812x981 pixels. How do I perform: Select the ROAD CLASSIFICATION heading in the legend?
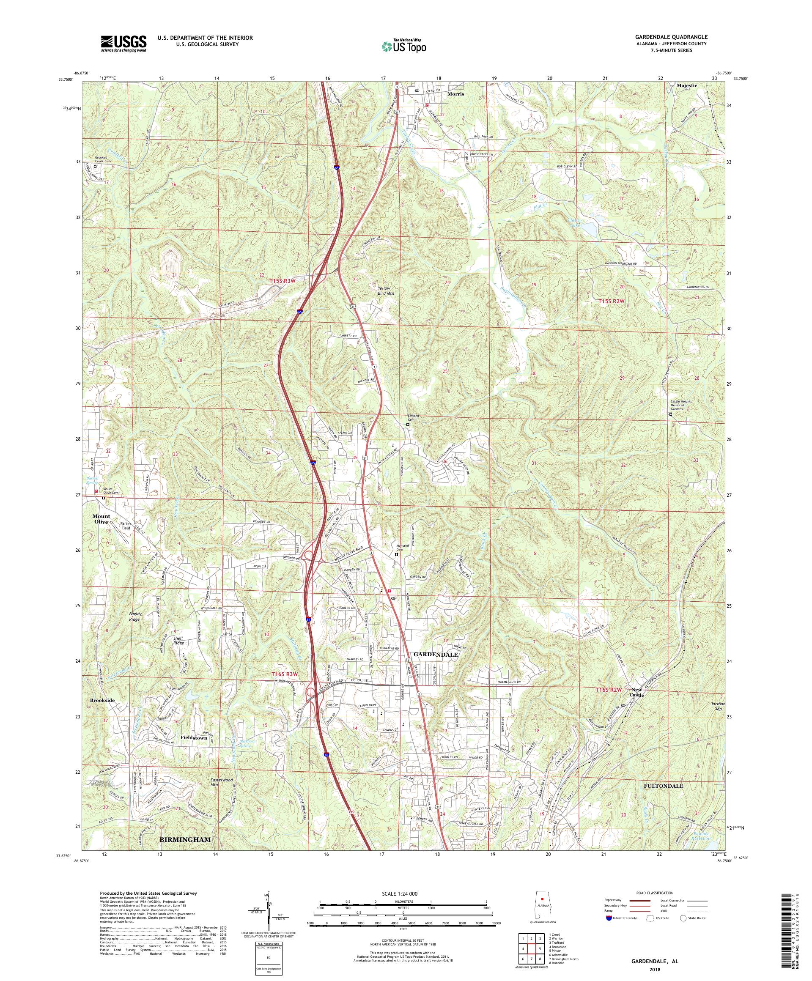pos(653,905)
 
